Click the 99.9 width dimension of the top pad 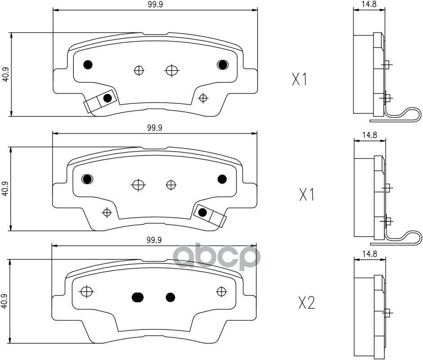156,5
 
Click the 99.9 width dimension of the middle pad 155,128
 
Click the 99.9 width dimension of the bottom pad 154,240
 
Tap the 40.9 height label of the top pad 6,74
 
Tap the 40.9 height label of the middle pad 5,189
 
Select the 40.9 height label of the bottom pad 4,301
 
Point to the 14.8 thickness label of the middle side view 370,135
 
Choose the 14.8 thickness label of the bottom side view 370,254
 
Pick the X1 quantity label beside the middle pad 307,194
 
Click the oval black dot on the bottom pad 138,297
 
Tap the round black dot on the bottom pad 170,297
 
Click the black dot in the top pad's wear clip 107,98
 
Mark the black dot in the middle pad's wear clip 202,212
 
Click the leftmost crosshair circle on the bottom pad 87,292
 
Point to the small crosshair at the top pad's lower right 203,98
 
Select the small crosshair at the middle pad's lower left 107,212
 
